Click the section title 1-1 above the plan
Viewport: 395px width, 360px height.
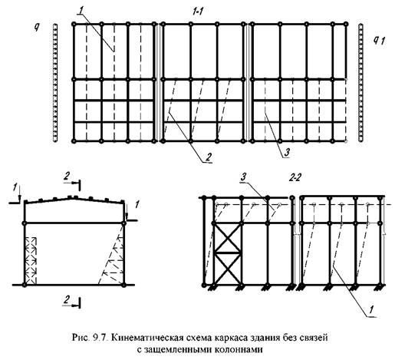point(198,12)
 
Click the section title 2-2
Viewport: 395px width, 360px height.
point(295,178)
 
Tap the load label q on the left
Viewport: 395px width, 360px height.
point(37,28)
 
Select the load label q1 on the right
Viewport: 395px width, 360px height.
point(379,40)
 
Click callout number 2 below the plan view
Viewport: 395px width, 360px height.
point(209,157)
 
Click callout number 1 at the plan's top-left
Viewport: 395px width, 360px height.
point(81,11)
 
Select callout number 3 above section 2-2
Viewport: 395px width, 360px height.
point(243,177)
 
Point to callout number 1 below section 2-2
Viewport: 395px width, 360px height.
point(371,310)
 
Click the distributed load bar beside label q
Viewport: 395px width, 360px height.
point(55,83)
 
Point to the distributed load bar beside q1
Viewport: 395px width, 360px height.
point(360,83)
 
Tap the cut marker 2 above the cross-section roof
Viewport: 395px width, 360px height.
point(72,180)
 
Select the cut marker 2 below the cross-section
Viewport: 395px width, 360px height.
point(72,302)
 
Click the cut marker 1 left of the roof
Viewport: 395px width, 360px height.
point(15,194)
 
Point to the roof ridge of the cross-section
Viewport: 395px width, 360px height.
point(73,197)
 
